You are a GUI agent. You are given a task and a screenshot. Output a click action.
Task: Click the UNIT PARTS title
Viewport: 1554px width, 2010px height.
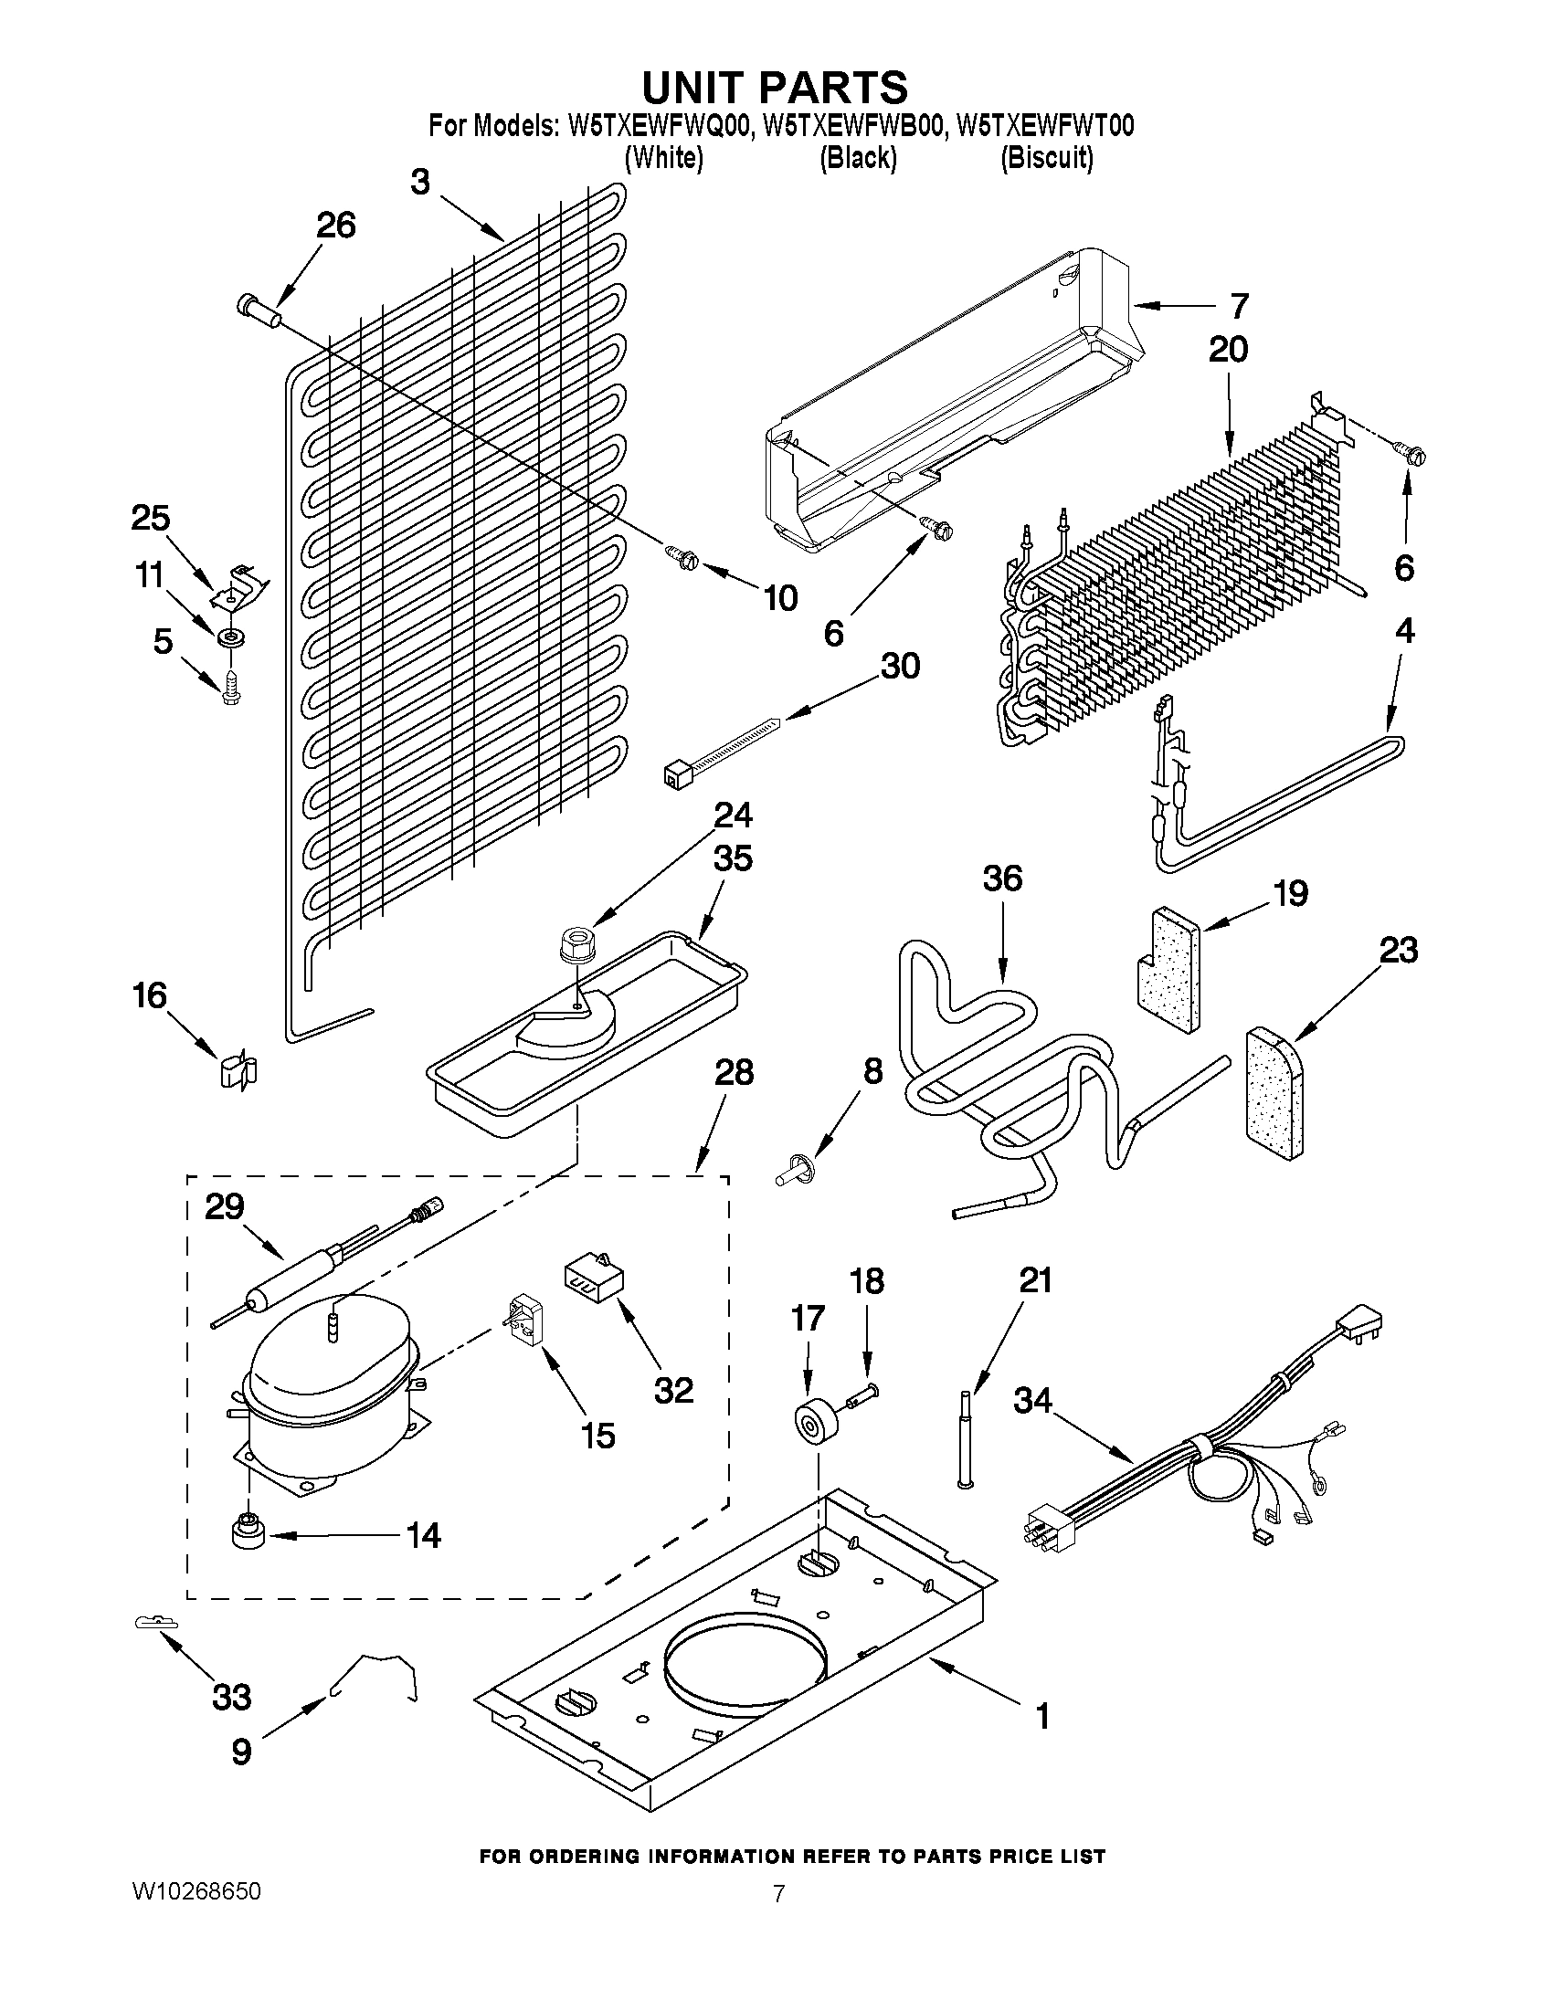[x=774, y=88]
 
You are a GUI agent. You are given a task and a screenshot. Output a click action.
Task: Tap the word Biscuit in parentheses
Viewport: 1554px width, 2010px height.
[x=1047, y=158]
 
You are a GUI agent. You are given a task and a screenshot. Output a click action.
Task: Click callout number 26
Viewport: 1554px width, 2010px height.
[x=336, y=226]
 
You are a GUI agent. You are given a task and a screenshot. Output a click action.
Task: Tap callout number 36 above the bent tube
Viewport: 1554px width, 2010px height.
[x=1001, y=879]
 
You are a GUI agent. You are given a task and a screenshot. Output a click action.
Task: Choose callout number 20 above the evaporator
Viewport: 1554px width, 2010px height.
[x=1228, y=350]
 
